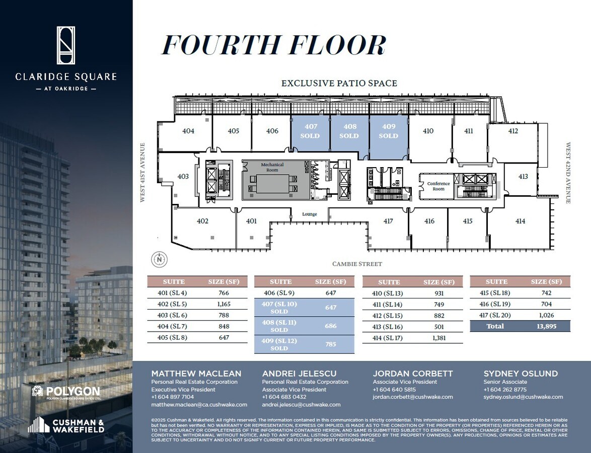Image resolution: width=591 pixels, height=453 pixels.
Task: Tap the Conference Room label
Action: click(438, 186)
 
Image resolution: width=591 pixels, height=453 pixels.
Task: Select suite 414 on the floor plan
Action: click(520, 221)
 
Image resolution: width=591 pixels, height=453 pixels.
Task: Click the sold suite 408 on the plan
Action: click(349, 131)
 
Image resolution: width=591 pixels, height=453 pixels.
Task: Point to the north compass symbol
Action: click(160, 260)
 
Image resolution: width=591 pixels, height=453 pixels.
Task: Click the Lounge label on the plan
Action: click(310, 214)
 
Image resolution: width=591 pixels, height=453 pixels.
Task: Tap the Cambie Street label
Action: click(357, 264)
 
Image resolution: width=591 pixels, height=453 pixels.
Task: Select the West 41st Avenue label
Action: click(142, 173)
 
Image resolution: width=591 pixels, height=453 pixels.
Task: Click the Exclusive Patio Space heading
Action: click(339, 83)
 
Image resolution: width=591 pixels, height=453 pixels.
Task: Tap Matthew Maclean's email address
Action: click(199, 405)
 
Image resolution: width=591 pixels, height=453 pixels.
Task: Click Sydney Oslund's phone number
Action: click(505, 390)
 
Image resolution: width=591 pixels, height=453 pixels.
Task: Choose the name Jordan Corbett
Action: click(412, 373)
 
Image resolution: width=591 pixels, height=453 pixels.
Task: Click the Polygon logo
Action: click(65, 391)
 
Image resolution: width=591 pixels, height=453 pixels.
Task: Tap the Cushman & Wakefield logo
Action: click(66, 425)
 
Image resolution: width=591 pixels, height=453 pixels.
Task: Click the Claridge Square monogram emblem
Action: click(66, 45)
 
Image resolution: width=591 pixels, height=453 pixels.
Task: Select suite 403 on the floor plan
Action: click(183, 177)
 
